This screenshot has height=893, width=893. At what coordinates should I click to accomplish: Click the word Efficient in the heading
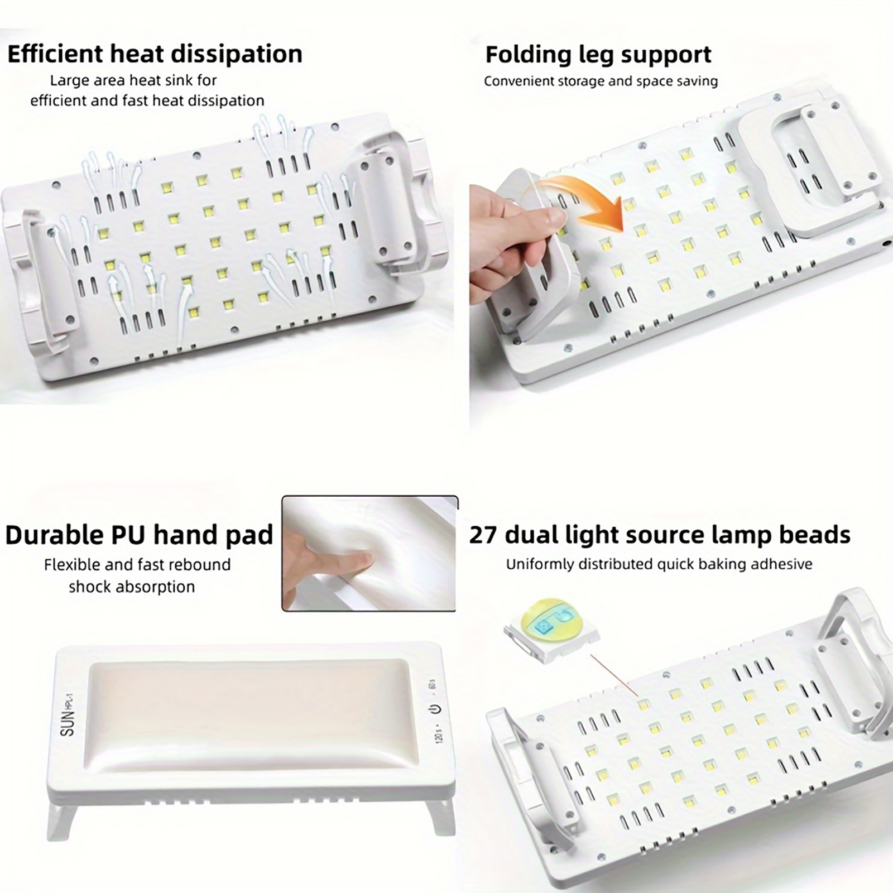coord(55,54)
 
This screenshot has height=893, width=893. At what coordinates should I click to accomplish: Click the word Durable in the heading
coord(54,535)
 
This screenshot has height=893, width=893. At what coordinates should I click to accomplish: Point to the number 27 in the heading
coord(483,535)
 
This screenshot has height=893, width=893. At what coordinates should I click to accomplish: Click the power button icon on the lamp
coord(435,709)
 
